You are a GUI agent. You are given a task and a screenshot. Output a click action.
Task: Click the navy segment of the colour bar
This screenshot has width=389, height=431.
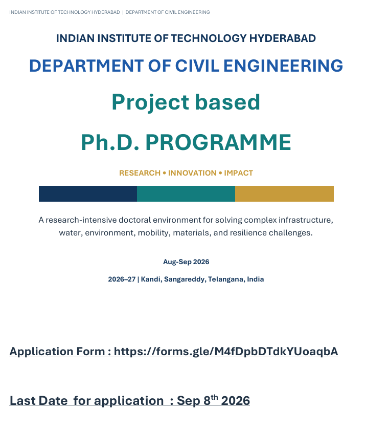88,194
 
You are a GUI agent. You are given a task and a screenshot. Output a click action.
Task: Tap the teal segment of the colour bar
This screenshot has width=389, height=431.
186,194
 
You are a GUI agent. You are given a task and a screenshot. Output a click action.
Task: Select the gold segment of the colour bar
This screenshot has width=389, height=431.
284,194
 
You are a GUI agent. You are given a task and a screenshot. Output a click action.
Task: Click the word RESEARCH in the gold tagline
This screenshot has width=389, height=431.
140,173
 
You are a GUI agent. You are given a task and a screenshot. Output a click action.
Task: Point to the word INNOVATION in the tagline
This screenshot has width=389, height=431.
192,173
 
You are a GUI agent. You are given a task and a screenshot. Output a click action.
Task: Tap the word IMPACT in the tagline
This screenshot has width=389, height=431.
238,173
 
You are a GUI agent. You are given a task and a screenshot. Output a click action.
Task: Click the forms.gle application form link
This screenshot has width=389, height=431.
226,352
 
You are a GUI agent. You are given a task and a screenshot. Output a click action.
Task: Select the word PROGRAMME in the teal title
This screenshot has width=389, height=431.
218,142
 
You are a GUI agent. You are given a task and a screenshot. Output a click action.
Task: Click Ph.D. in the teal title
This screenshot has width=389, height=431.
110,142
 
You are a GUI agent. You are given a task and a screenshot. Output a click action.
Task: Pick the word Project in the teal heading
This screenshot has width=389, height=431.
150,102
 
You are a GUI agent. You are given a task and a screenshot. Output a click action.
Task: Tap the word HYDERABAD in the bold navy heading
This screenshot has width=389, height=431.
283,38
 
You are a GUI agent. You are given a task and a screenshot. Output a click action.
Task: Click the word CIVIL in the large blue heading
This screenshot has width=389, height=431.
197,66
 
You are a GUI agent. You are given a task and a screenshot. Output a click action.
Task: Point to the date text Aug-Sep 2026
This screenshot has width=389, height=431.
186,262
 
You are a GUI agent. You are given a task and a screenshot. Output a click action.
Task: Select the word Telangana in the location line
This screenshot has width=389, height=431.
226,279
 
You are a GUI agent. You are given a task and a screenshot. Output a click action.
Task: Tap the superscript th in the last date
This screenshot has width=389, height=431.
214,397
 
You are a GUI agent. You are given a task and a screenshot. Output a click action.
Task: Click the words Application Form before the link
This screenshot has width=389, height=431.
57,352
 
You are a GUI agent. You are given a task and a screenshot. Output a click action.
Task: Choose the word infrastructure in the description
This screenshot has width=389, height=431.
306,220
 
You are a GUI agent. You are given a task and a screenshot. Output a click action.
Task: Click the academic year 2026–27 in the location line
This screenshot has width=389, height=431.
122,279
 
